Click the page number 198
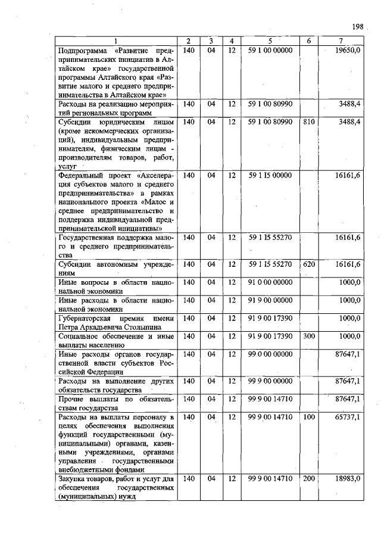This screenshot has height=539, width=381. pyautogui.click(x=357, y=27)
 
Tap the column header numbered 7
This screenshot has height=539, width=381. pyautogui.click(x=340, y=41)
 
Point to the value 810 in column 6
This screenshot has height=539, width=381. pyautogui.click(x=308, y=122)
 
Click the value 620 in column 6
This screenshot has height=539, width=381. pyautogui.click(x=308, y=264)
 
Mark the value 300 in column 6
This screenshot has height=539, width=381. pyautogui.click(x=308, y=337)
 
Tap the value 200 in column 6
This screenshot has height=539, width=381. pyautogui.click(x=308, y=478)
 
